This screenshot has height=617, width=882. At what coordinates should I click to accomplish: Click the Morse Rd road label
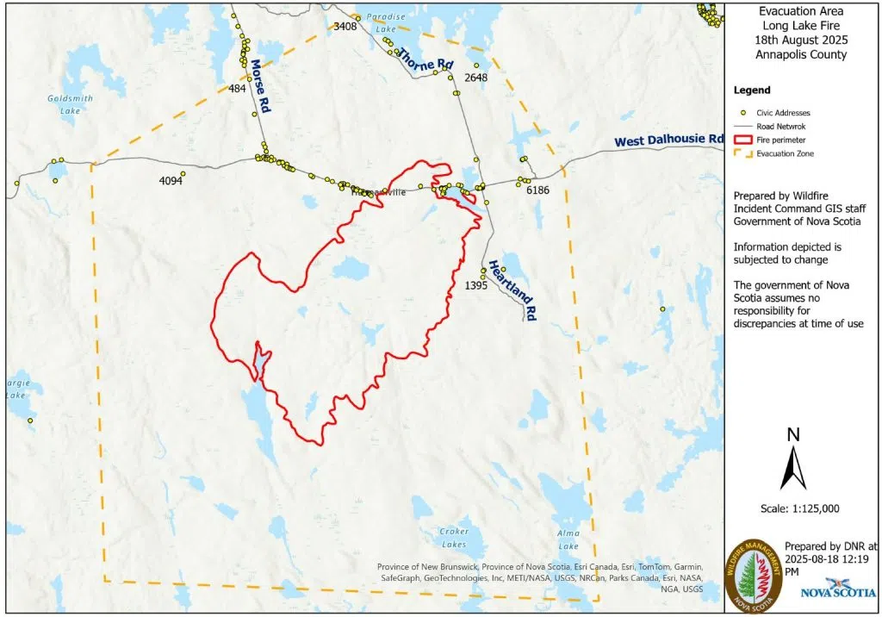(x=258, y=86)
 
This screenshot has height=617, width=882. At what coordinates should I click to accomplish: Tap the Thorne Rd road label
(x=425, y=58)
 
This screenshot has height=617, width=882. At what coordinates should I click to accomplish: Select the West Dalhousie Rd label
(x=668, y=140)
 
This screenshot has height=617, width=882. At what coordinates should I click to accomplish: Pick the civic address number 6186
(x=537, y=190)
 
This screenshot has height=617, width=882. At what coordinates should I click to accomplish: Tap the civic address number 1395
(x=476, y=284)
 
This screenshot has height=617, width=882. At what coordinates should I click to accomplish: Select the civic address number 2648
(x=475, y=78)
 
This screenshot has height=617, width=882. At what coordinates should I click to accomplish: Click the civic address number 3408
(x=345, y=27)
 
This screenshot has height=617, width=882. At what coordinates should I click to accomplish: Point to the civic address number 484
(x=237, y=89)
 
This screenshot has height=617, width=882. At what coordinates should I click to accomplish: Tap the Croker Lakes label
(x=454, y=538)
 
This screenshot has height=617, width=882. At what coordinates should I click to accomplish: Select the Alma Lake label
(x=568, y=540)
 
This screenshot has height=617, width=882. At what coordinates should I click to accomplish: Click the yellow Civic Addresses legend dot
(x=742, y=112)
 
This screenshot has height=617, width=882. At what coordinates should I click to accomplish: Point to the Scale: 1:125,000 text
(x=800, y=508)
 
